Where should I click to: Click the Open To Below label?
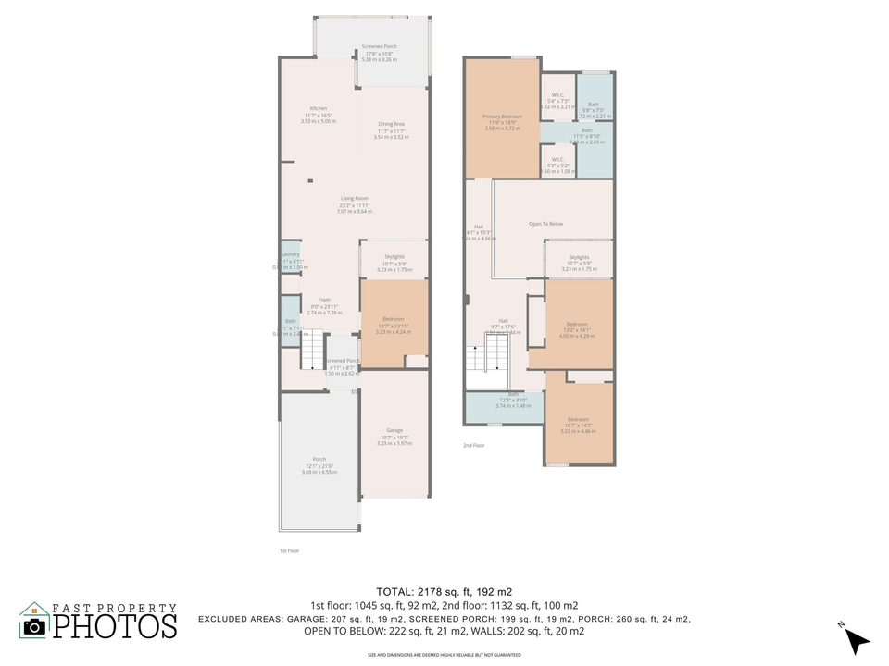(x=545, y=224)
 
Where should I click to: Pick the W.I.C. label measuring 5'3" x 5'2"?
(x=557, y=165)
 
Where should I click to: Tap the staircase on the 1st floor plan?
(x=314, y=351)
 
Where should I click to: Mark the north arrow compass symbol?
(x=857, y=639)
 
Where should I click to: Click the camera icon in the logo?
(x=34, y=626)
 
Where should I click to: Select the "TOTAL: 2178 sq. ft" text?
(x=444, y=591)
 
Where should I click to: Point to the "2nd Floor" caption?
(x=473, y=445)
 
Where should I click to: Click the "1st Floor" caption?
(x=289, y=550)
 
